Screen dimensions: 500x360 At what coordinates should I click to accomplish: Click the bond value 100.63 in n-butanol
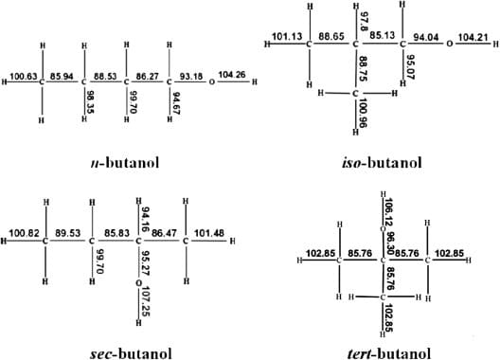pyautogui.click(x=24, y=75)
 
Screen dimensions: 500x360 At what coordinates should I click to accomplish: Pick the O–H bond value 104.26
pyautogui.click(x=231, y=75)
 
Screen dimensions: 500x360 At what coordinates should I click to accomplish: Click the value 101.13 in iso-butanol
pyautogui.click(x=286, y=37)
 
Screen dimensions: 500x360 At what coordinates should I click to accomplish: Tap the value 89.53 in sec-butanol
pyautogui.click(x=67, y=233)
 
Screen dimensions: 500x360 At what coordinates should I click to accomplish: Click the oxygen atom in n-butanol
pyautogui.click(x=211, y=81)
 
